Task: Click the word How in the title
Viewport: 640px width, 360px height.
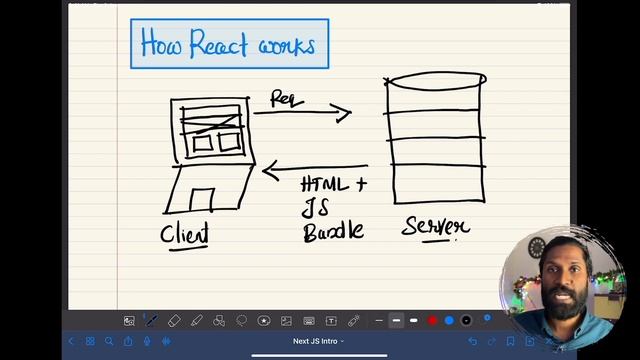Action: coord(160,44)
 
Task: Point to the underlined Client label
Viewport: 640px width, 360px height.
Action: coord(186,234)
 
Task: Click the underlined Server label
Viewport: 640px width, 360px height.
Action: coord(435,227)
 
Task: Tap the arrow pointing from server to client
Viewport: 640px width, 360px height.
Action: coord(314,170)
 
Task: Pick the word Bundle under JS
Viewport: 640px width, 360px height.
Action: coord(333,232)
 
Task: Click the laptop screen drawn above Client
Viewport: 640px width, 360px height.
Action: coord(210,129)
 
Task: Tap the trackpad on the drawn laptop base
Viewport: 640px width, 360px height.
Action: coord(202,199)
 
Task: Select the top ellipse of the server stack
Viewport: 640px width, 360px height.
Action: coord(436,80)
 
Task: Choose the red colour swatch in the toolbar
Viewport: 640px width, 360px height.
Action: coord(432,321)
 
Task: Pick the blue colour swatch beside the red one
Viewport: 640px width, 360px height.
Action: coord(449,321)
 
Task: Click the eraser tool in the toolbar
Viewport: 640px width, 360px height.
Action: coord(174,321)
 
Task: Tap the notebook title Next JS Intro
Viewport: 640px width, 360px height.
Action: coord(318,342)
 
